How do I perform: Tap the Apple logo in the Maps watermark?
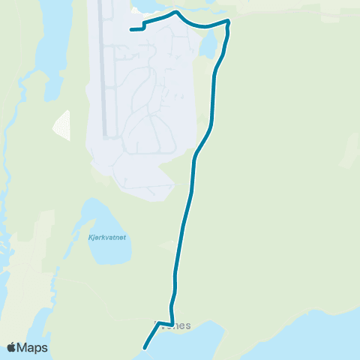tap(12, 347)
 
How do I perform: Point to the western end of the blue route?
tap(131, 30)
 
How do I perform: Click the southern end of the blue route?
tap(144, 347)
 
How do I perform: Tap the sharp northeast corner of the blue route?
tap(228, 22)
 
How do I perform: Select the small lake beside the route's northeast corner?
tap(208, 48)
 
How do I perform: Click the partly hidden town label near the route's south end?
tap(174, 326)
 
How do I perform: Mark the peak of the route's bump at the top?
tap(175, 13)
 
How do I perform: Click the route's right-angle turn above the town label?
tap(173, 324)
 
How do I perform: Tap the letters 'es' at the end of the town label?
tap(185, 326)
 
